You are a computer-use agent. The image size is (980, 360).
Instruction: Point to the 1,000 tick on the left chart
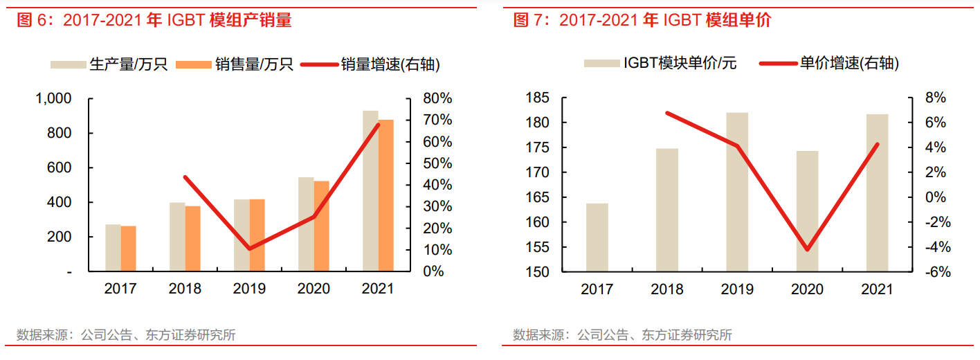tap(53, 99)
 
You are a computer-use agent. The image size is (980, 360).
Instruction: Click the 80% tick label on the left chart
tap(437, 99)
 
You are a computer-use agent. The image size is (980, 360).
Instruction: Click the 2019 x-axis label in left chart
tap(249, 289)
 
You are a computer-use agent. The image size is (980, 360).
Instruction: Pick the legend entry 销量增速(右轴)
tap(390, 65)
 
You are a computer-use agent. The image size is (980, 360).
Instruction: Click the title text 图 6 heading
tap(154, 21)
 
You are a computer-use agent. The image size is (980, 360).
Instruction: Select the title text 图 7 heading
tap(642, 21)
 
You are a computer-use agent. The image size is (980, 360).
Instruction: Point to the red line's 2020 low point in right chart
tap(807, 249)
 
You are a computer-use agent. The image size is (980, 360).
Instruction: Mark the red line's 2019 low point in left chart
tap(249, 248)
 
